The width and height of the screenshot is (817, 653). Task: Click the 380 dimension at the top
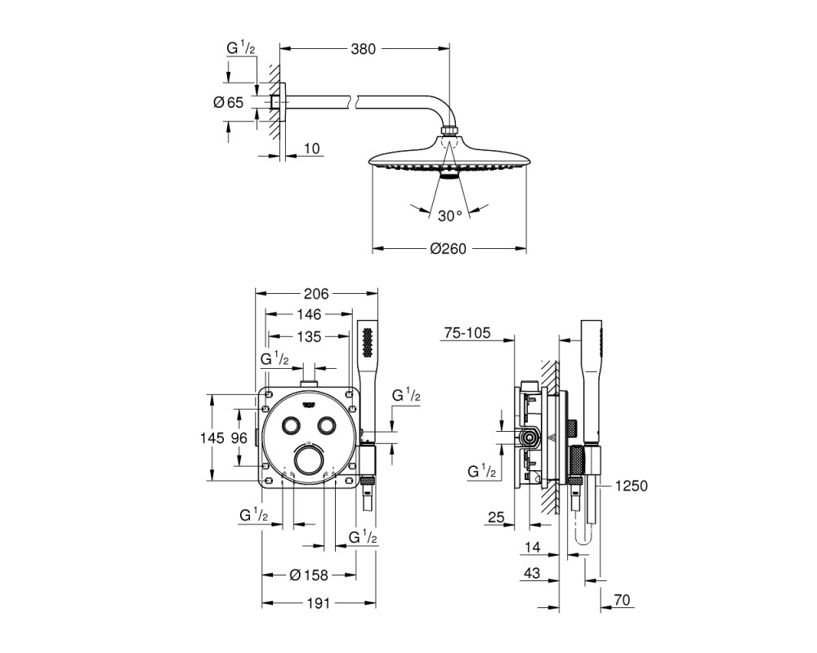363,49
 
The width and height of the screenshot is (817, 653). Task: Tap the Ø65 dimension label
228,103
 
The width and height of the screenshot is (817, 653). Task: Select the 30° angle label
449,215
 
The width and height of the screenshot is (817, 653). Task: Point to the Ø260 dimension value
448,249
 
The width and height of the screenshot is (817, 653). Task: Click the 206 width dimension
316,294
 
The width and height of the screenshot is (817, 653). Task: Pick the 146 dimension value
309,314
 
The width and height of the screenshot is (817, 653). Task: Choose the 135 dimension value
309,337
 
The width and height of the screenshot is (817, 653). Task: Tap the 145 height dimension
212,438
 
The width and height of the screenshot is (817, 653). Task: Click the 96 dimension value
239,438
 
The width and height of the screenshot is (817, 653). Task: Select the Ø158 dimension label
309,575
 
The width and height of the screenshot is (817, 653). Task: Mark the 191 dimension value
318,603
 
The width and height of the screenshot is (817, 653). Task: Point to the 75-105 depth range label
467,333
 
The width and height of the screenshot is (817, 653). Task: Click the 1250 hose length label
631,486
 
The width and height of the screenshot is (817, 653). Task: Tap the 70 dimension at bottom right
622,600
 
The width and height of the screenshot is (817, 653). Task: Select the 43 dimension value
532,573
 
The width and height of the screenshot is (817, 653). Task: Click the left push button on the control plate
290,425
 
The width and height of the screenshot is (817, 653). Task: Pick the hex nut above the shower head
449,130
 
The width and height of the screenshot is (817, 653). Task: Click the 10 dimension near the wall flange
311,149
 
